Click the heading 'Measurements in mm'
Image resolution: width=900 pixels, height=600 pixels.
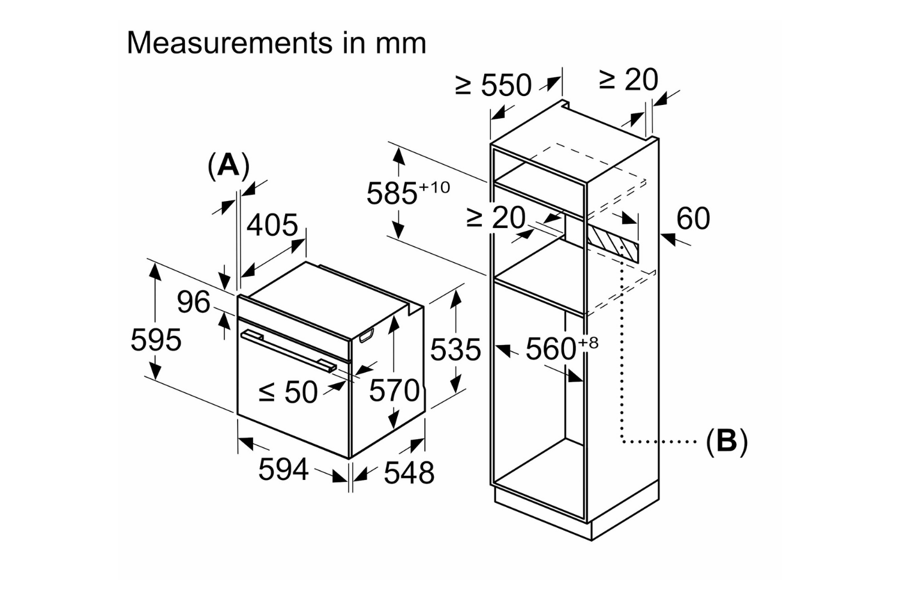point(276,43)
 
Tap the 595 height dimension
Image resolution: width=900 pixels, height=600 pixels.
point(155,340)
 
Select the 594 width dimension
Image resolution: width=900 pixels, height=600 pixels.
point(283,469)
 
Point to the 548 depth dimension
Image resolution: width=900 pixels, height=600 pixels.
point(409,472)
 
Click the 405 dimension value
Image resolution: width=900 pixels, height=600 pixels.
point(272,225)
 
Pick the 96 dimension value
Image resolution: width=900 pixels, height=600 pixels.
point(193,302)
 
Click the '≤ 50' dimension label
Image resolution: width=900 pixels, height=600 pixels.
point(288,392)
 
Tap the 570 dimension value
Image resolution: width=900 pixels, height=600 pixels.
point(394,391)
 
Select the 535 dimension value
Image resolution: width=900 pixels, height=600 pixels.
point(455,349)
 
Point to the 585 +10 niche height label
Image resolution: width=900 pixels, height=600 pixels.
point(407,192)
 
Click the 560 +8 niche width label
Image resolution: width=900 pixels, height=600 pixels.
point(561,348)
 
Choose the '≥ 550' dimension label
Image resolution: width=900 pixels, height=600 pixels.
point(493,85)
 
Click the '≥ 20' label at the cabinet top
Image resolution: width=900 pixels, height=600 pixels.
point(628,80)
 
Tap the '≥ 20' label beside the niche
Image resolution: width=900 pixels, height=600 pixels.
point(496,218)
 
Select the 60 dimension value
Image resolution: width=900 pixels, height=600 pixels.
point(693,218)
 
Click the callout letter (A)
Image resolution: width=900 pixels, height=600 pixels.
point(228,165)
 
